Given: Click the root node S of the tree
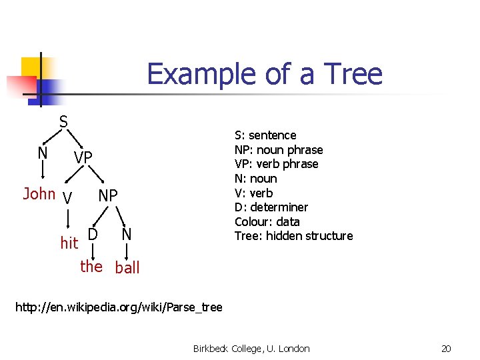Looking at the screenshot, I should [x=63, y=122].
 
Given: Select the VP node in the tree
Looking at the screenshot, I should [x=83, y=157].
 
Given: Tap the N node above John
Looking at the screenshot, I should [x=43, y=153].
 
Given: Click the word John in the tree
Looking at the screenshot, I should [x=39, y=194].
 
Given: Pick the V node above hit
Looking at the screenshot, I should [x=66, y=198].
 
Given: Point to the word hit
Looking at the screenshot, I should [x=69, y=243].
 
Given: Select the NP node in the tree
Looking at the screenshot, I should [x=108, y=195].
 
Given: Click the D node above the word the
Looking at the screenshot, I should [x=93, y=235].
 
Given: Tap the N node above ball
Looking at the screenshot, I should [x=126, y=235].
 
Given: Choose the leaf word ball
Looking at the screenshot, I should [x=127, y=268].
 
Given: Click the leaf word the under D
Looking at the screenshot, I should [x=91, y=267].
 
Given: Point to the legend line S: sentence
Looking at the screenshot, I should [x=265, y=135].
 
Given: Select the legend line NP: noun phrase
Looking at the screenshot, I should [x=279, y=150].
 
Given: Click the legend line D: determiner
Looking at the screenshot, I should [x=271, y=207].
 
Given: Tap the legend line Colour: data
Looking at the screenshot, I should [x=267, y=221].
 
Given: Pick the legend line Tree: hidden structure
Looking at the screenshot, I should [x=293, y=236].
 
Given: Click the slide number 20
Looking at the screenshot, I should [x=446, y=349].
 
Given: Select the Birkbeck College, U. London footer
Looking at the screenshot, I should [x=251, y=349].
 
